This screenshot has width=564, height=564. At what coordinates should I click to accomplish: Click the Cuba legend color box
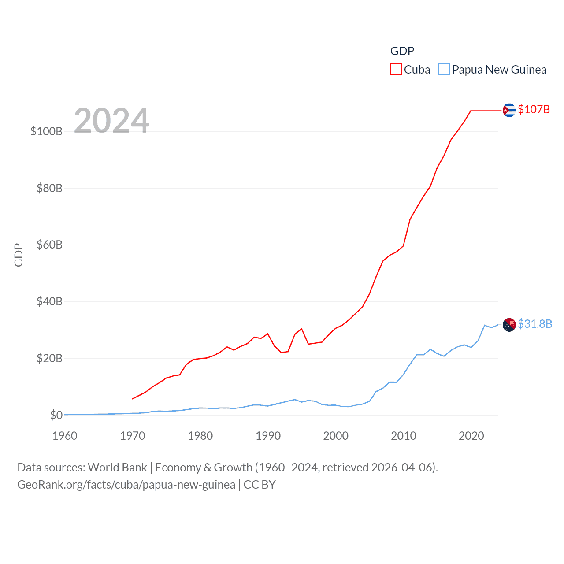coord(396,70)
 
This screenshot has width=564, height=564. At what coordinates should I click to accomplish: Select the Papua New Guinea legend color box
coord(444,70)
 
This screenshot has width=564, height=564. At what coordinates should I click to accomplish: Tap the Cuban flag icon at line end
coord(509,110)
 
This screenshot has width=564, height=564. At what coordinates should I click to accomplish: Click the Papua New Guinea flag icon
coord(509,325)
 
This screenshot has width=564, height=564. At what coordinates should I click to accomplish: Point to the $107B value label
coord(534,109)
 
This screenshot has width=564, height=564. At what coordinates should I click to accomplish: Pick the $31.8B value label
coord(535,324)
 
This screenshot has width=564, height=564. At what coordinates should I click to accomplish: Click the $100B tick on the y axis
coord(46,131)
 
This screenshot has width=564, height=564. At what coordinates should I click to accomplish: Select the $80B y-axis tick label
coord(49,188)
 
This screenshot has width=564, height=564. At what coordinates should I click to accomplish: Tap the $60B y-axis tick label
coord(49,245)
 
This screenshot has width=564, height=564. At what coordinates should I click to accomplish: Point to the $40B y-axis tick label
coord(49,301)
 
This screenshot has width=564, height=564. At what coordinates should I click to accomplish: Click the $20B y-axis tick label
coord(49,358)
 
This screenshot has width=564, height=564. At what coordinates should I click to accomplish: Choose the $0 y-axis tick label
coord(56,415)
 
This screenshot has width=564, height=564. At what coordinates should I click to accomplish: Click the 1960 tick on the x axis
coord(65,436)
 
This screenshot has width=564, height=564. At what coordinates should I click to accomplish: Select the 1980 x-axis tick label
coord(200,436)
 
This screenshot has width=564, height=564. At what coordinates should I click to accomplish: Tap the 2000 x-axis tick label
coord(336,436)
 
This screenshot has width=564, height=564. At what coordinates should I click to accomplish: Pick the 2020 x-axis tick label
coord(471,436)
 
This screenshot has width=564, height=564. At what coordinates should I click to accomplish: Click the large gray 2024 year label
coord(111,121)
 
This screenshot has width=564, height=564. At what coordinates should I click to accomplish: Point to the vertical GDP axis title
coord(19,255)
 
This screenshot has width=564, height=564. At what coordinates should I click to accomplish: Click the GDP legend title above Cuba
coord(402,51)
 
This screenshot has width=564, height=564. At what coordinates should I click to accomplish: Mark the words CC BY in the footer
coord(260,485)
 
